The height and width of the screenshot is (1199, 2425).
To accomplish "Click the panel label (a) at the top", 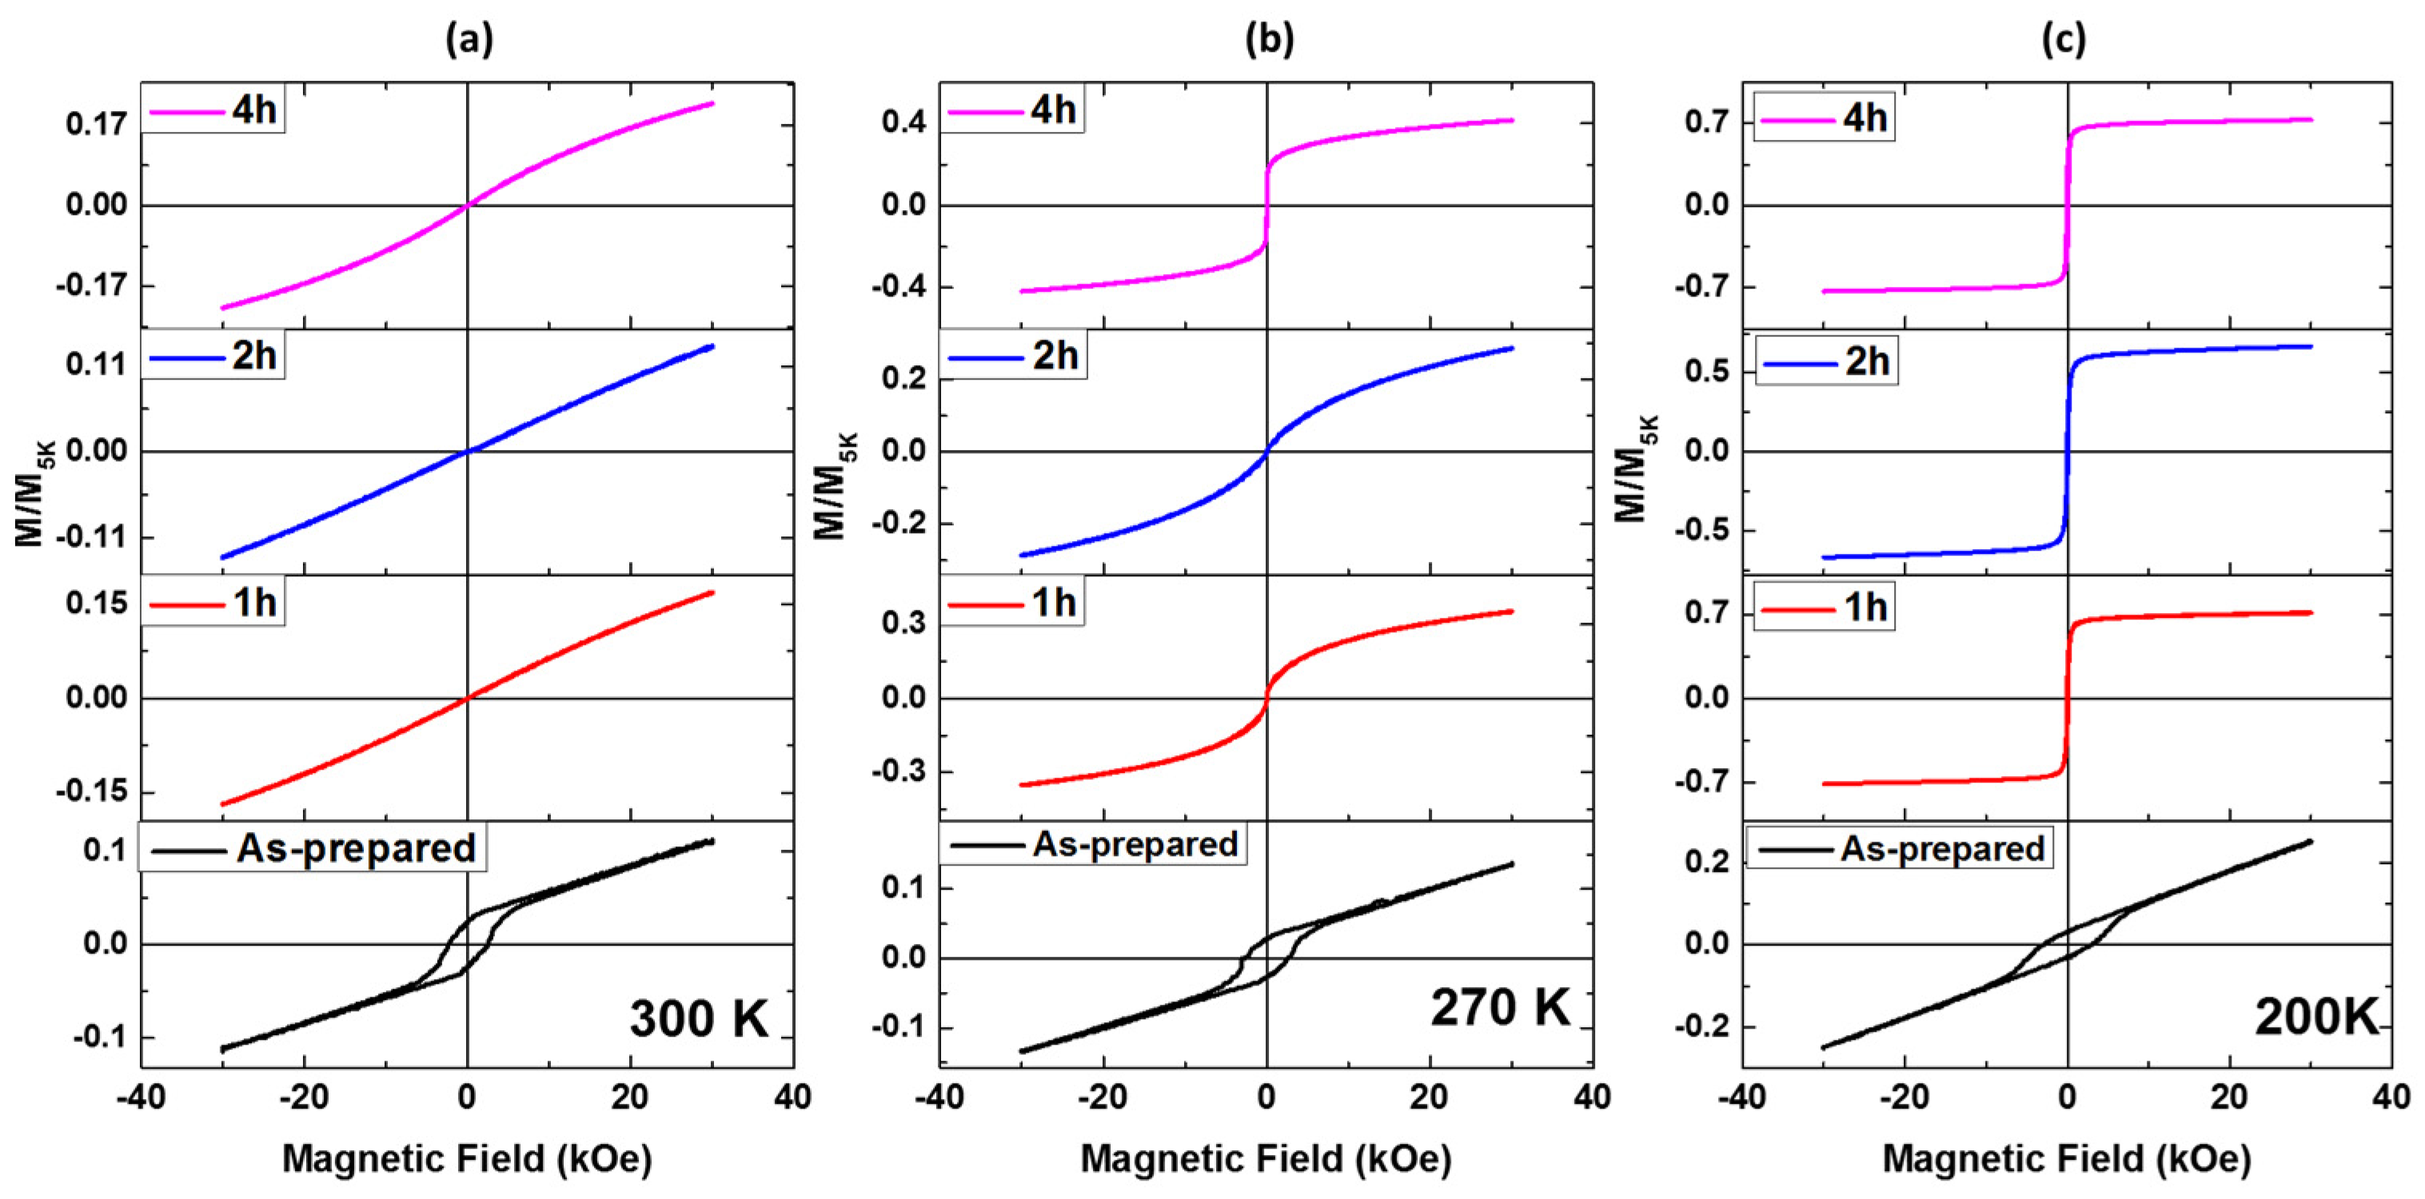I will pos(469,39).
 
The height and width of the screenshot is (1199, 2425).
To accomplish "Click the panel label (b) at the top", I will pos(1269,39).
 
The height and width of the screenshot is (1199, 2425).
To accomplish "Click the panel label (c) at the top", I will pos(2064,39).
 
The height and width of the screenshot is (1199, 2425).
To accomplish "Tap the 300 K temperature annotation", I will pos(699,1018).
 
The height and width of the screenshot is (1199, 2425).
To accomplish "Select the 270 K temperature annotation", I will pos(1501,1007).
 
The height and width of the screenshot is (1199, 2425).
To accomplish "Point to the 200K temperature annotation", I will pos(2315,1018).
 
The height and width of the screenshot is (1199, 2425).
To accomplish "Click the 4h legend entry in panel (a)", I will pos(254,110).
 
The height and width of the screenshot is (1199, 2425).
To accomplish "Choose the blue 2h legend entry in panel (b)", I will pos(1055,356).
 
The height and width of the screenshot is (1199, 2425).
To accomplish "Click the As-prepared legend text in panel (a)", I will pos(356,848).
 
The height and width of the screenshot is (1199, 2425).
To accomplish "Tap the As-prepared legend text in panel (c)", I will pos(1943,848).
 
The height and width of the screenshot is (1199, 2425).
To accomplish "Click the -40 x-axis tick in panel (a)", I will pos(142,1097).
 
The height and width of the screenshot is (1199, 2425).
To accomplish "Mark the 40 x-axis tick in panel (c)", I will pos(2391,1097).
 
